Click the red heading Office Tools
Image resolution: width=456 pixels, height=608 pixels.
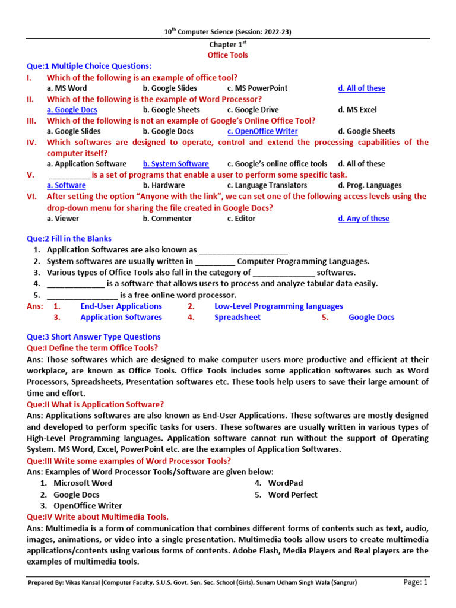(x=227, y=55)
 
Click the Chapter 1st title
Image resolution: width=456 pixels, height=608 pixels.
(x=227, y=45)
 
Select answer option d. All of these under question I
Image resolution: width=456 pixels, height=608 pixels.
(x=362, y=88)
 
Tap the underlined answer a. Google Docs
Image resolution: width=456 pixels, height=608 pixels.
(x=72, y=110)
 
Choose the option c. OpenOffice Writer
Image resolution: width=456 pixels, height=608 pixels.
(x=262, y=131)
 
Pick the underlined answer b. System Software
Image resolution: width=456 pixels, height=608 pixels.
(x=176, y=164)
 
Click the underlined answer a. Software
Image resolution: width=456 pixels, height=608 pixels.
(x=66, y=185)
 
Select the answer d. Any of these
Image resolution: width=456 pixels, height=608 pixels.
(x=364, y=218)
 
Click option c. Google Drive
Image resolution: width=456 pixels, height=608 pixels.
(x=253, y=110)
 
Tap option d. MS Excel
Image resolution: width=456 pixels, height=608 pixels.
(x=357, y=110)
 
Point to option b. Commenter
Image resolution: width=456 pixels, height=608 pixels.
(x=167, y=218)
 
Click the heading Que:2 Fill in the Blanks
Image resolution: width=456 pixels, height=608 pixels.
(x=69, y=239)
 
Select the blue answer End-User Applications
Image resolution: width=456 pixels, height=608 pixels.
(x=121, y=306)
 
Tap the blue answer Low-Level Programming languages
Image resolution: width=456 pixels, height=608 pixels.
(x=278, y=306)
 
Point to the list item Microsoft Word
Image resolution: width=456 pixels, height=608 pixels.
(x=83, y=483)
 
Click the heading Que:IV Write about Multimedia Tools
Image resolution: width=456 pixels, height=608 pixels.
(x=98, y=517)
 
